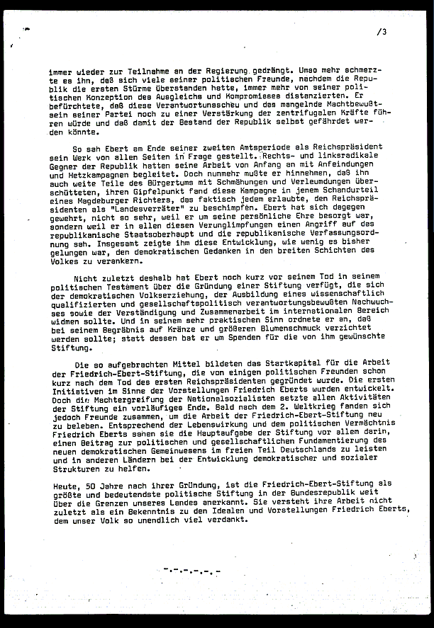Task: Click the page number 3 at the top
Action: pos(384,31)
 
